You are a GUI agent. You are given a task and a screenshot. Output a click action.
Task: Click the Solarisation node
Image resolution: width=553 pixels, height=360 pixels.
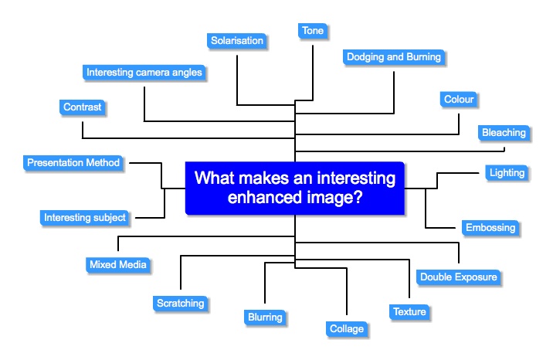(237, 40)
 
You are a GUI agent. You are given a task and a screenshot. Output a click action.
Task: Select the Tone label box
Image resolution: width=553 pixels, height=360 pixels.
(313, 31)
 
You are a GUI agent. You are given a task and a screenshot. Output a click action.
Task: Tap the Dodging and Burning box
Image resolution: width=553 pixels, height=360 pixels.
(393, 57)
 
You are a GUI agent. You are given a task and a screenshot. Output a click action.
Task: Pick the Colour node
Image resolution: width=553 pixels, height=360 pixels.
(459, 100)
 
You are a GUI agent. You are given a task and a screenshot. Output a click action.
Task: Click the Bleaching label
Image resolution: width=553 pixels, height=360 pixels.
(504, 133)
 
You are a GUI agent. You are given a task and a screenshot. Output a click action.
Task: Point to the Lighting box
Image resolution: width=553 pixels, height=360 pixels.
(507, 173)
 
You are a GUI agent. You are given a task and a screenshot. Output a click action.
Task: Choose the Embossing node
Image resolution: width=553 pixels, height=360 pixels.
(490, 228)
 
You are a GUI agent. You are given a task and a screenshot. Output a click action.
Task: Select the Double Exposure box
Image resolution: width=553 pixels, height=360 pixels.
(458, 277)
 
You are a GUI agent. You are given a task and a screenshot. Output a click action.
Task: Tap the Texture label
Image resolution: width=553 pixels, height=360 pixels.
(409, 312)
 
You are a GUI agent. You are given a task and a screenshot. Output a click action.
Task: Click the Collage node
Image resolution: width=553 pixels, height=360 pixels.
(346, 329)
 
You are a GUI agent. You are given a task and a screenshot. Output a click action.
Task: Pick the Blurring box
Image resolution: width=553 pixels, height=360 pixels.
(265, 317)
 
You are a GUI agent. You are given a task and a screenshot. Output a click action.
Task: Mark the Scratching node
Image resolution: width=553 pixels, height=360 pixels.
(180, 304)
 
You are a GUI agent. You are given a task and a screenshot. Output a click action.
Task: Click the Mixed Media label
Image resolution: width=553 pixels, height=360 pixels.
(117, 265)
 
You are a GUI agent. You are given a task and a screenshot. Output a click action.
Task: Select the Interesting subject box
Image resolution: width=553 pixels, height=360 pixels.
(85, 218)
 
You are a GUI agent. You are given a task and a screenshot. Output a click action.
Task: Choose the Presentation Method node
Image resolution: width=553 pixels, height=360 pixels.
(73, 163)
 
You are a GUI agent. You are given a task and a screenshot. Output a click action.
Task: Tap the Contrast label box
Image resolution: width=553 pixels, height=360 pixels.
(82, 107)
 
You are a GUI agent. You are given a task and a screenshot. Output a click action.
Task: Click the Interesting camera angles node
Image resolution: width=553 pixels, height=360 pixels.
(144, 73)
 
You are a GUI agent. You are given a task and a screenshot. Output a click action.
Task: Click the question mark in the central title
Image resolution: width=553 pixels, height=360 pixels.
(360, 198)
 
